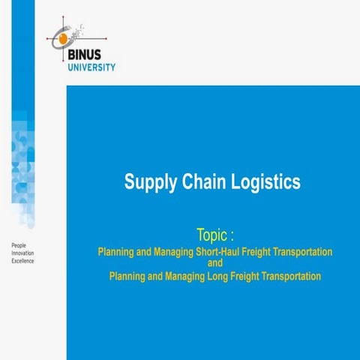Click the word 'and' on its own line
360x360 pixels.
215,264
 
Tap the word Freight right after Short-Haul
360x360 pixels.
243,251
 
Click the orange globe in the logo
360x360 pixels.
63,35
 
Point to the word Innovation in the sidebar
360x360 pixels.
22,253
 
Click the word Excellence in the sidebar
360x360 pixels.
22,261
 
